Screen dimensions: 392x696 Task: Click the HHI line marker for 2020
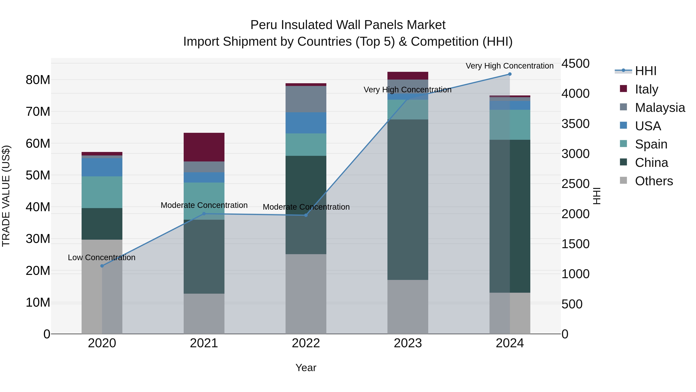[102, 266]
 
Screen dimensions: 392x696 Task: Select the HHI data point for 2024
[510, 74]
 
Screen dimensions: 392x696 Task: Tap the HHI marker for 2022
[306, 215]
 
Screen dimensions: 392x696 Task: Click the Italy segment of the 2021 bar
[204, 147]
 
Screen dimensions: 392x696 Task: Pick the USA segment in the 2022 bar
[306, 123]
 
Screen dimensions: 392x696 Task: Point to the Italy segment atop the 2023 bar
[408, 75]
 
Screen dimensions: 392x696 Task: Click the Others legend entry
[654, 181]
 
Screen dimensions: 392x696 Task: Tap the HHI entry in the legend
[646, 71]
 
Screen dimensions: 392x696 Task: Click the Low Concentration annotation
[101, 257]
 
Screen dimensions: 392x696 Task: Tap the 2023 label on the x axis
[408, 343]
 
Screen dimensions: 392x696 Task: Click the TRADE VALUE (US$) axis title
[6, 196]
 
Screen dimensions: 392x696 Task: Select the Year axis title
[306, 368]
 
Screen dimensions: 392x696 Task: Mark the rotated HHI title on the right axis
[597, 196]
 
